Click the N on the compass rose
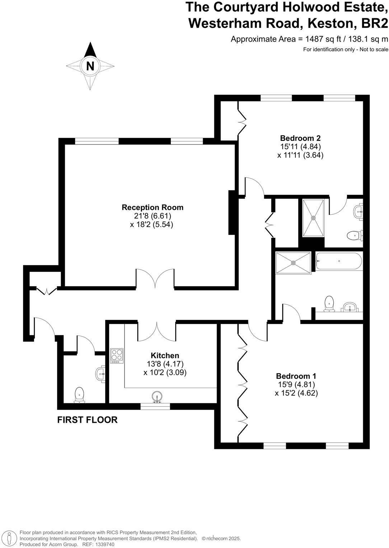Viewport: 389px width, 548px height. [90, 66]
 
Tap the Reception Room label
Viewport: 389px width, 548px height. [153, 207]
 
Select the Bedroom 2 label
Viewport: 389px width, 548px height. [300, 138]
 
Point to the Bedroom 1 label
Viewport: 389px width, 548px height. [296, 376]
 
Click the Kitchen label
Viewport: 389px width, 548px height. [165, 355]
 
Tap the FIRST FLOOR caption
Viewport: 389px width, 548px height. [87, 420]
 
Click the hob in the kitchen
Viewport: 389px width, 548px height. [117, 355]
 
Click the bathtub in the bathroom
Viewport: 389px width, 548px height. [339, 261]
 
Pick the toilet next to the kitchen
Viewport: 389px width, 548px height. [79, 395]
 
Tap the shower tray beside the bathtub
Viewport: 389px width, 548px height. [293, 263]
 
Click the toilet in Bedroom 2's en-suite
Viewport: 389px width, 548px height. [354, 236]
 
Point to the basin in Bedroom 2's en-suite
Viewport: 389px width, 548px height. [358, 212]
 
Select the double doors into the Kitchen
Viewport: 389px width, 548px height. [157, 331]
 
